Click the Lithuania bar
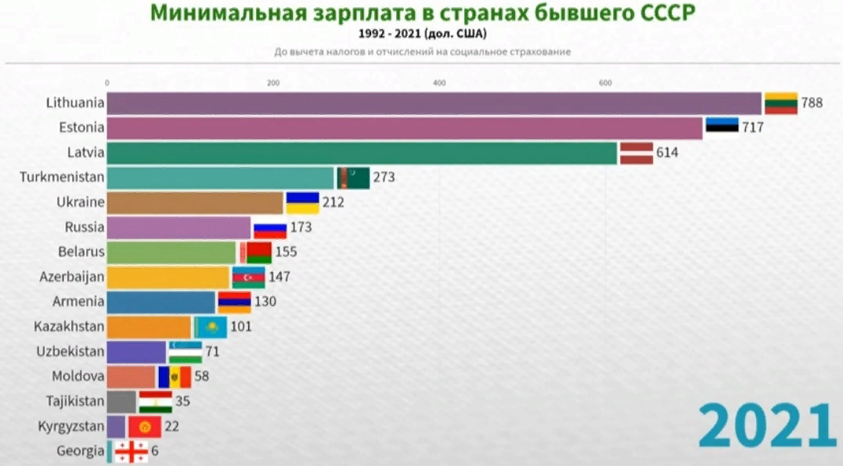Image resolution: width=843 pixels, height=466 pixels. (x=434, y=103)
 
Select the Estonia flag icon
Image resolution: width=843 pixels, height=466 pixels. (x=722, y=127)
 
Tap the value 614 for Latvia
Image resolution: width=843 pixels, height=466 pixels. (x=667, y=152)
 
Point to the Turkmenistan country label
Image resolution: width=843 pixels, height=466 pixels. (x=62, y=177)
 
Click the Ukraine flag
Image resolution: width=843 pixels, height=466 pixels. (x=302, y=203)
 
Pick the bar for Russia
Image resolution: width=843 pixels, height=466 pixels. (x=178, y=228)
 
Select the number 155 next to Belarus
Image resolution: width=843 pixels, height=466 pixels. (x=286, y=252)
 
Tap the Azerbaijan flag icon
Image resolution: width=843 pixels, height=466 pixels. (x=248, y=277)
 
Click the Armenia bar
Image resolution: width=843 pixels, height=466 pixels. (x=160, y=302)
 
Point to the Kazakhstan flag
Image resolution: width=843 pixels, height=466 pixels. (x=211, y=326)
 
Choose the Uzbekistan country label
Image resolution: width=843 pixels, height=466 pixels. (x=70, y=351)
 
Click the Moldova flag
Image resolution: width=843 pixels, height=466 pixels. (x=175, y=376)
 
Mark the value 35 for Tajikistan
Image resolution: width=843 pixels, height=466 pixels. (x=182, y=401)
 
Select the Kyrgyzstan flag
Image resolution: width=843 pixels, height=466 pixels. (x=144, y=426)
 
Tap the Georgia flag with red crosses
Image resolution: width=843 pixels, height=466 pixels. (x=131, y=451)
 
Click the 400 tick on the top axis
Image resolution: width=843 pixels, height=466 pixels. (x=439, y=83)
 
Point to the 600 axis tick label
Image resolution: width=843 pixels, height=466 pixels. (x=605, y=83)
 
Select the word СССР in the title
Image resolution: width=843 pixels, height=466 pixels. (x=665, y=13)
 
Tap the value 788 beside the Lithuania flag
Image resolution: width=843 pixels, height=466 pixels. (x=812, y=102)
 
